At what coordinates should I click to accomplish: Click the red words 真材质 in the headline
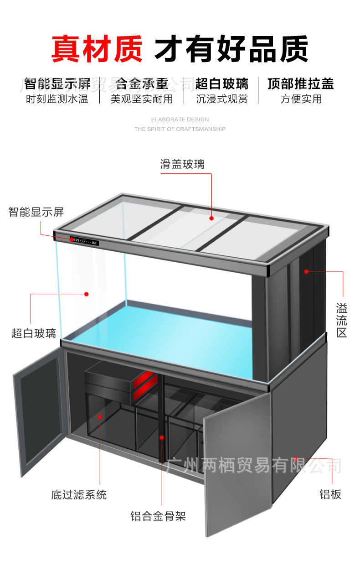(97, 49)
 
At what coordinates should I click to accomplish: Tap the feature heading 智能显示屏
(57, 84)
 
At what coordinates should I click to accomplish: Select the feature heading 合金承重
(142, 84)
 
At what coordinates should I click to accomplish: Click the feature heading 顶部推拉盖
(300, 84)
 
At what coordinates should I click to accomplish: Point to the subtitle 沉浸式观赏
(222, 99)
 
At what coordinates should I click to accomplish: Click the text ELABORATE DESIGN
(180, 119)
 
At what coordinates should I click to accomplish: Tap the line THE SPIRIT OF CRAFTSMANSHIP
(180, 129)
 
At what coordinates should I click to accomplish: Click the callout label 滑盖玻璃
(182, 164)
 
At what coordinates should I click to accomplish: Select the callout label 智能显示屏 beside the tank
(36, 212)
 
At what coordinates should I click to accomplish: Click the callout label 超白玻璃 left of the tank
(34, 333)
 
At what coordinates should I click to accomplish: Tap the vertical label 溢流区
(342, 319)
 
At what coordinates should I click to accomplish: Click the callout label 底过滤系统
(79, 494)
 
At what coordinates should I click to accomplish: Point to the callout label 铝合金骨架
(158, 516)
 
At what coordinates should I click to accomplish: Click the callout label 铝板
(330, 494)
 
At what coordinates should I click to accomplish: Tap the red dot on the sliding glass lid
(212, 218)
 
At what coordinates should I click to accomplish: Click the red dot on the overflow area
(306, 271)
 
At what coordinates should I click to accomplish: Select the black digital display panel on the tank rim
(84, 240)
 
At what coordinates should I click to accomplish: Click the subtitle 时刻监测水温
(57, 99)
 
